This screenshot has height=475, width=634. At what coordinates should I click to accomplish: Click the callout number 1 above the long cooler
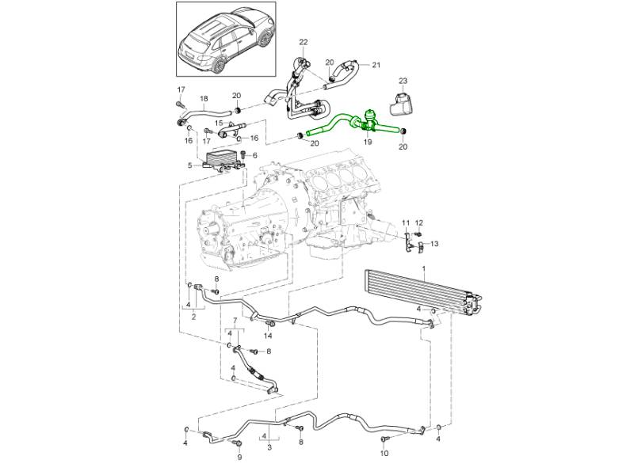tap(424, 269)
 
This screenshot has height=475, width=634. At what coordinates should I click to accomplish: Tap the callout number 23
tap(403, 81)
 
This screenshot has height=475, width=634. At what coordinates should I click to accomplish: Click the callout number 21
tap(376, 65)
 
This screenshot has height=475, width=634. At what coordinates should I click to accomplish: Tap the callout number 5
tap(190, 165)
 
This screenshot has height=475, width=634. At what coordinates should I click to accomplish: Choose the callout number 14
tap(268, 335)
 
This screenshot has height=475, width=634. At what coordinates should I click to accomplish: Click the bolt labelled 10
tap(385, 438)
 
